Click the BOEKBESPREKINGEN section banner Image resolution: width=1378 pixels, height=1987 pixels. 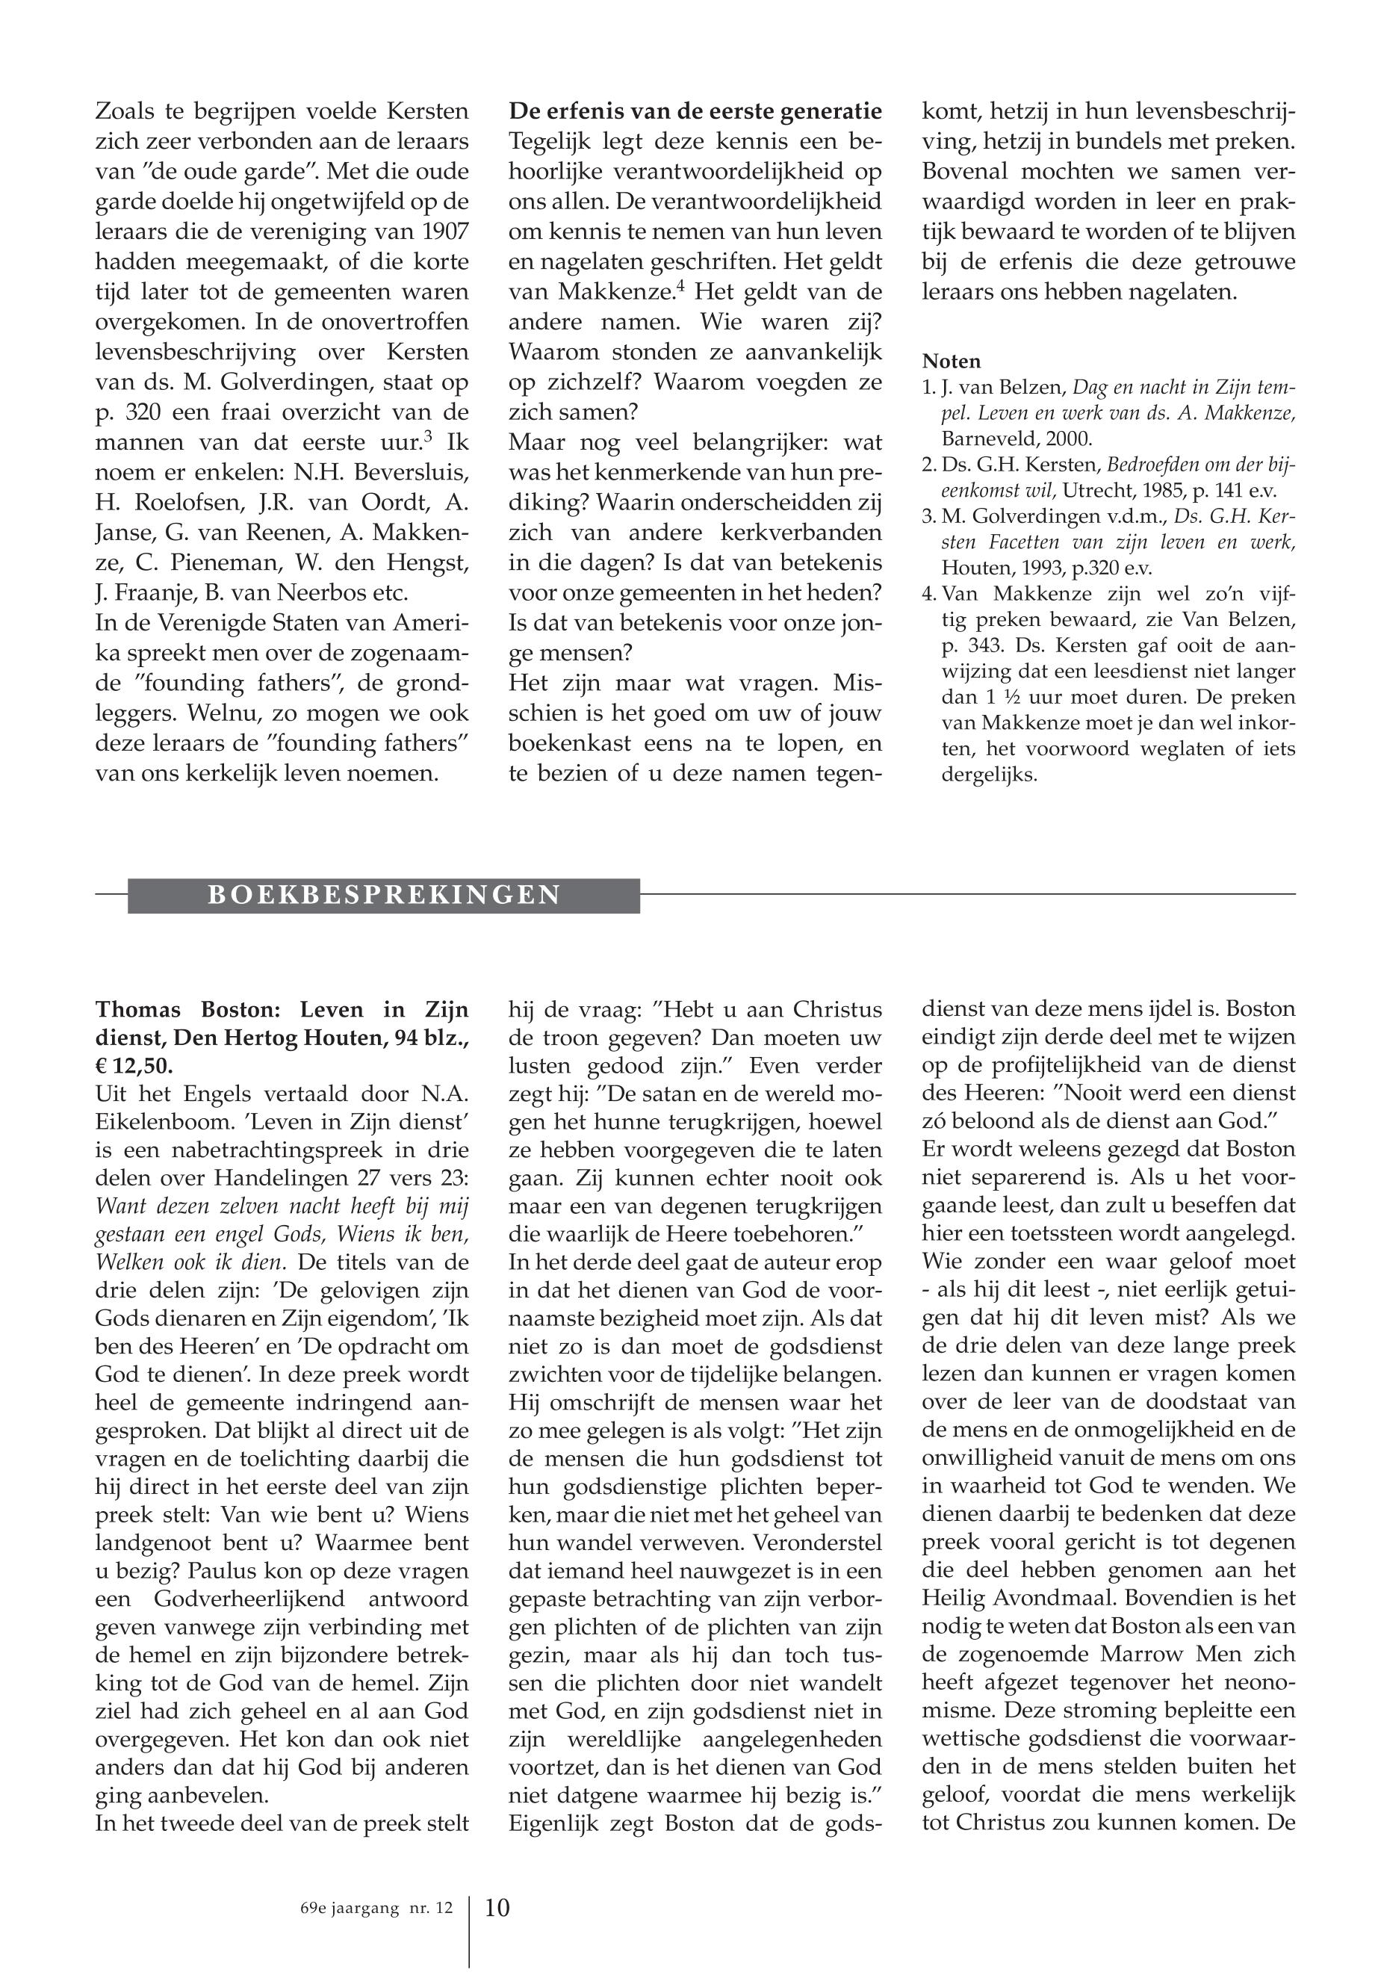pos(384,895)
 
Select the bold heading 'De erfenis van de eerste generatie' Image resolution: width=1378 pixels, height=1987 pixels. pos(695,111)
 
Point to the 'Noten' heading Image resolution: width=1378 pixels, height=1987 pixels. pos(952,361)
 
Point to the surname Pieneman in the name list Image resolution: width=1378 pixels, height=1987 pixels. pos(204,562)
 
